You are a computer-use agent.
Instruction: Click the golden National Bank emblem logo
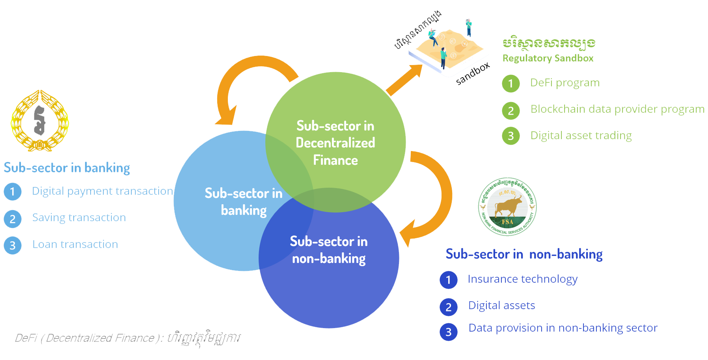pyautogui.click(x=40, y=121)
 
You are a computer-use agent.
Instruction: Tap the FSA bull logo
pyautogui.click(x=507, y=207)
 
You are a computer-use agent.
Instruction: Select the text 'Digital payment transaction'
pyautogui.click(x=102, y=191)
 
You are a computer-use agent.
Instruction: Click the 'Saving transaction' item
pyautogui.click(x=79, y=218)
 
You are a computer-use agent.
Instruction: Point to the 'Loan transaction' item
pyautogui.click(x=75, y=244)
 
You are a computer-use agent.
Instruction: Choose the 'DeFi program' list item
pyautogui.click(x=565, y=83)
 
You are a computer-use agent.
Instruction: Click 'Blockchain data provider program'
pyautogui.click(x=617, y=109)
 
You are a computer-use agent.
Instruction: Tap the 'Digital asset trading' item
pyautogui.click(x=581, y=136)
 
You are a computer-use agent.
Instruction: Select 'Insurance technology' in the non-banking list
pyautogui.click(x=522, y=279)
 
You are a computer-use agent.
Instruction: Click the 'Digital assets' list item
pyautogui.click(x=501, y=306)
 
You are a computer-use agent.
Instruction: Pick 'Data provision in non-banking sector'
pyautogui.click(x=563, y=328)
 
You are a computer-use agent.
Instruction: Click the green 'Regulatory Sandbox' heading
pyautogui.click(x=548, y=58)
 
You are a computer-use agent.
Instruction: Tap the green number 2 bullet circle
pyautogui.click(x=511, y=111)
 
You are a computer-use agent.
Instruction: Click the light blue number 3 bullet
pyautogui.click(x=13, y=245)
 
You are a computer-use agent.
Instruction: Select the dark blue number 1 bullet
pyautogui.click(x=448, y=280)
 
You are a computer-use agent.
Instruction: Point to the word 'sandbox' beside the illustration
pyautogui.click(x=473, y=74)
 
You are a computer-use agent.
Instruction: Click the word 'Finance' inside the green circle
pyautogui.click(x=335, y=160)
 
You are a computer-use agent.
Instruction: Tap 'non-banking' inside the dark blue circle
pyautogui.click(x=329, y=259)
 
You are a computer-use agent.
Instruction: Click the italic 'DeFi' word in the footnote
pyautogui.click(x=26, y=338)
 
